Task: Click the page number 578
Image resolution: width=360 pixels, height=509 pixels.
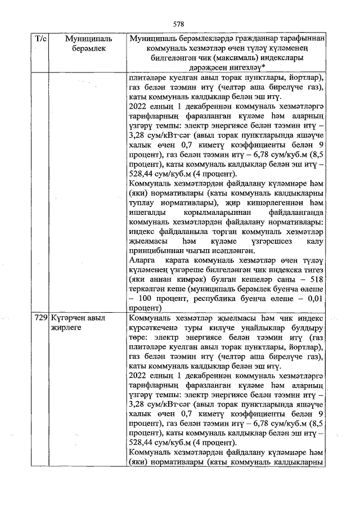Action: tap(179, 24)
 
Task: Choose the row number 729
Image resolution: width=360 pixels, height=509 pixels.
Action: tap(40, 318)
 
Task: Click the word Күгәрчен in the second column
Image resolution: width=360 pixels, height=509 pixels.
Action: tap(65, 318)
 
